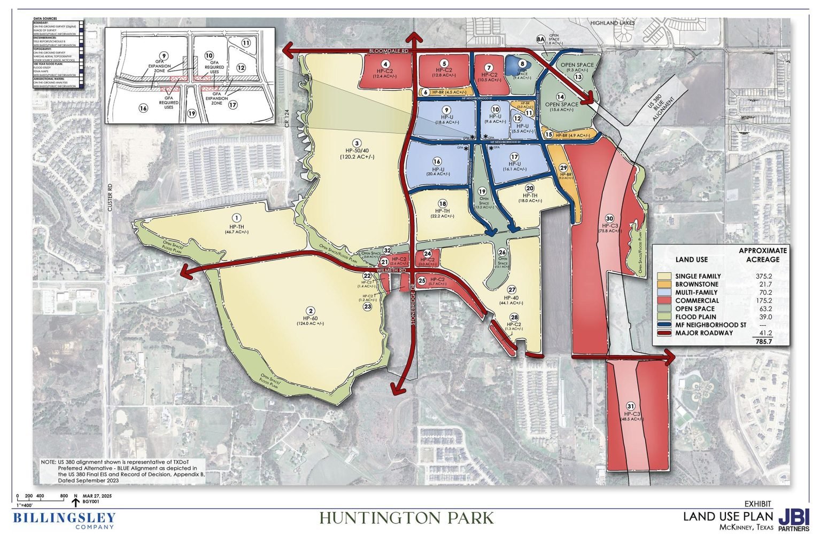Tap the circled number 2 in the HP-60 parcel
[x=309, y=311]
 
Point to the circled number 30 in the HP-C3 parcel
[x=610, y=218]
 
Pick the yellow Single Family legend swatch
[x=664, y=276]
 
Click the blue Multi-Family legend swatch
[x=664, y=293]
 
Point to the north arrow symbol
[x=76, y=501]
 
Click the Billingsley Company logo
[x=64, y=520]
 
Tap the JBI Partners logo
[x=794, y=520]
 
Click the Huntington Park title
[x=407, y=518]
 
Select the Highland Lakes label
[x=611, y=23]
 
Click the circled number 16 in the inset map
[x=143, y=108]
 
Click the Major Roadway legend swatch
[x=664, y=333]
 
